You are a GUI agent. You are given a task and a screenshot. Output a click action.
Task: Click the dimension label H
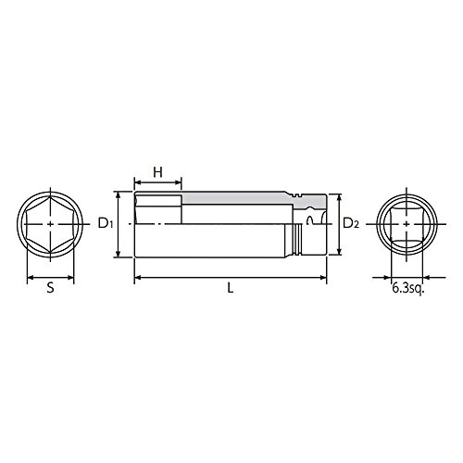157,172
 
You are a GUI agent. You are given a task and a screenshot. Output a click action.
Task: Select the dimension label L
231,288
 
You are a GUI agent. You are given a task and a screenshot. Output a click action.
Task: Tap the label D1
106,223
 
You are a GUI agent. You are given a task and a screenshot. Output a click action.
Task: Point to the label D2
351,223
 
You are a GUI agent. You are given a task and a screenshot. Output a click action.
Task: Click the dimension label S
50,288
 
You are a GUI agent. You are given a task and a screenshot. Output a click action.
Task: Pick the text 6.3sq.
408,288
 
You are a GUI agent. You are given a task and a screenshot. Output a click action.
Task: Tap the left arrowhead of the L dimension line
138,278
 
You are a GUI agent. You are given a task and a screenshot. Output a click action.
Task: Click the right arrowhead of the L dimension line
323,278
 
